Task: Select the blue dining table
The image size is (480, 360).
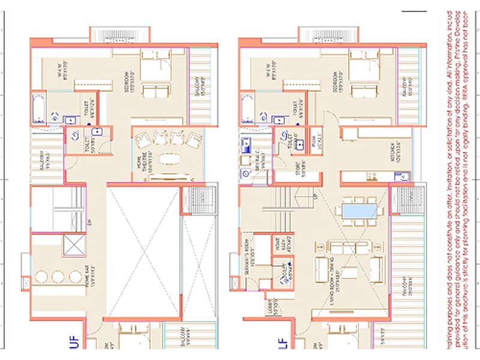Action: (x=360, y=211)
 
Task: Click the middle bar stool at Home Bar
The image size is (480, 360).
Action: (x=58, y=277)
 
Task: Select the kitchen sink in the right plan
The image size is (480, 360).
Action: (x=400, y=176)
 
